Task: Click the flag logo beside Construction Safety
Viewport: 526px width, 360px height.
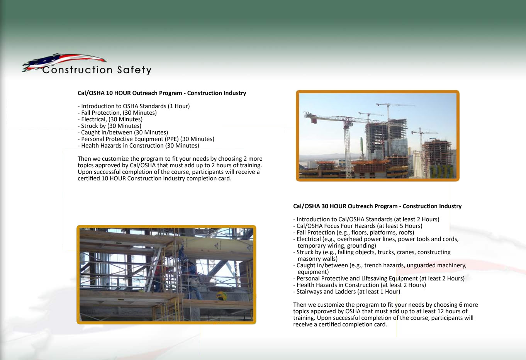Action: coord(63,61)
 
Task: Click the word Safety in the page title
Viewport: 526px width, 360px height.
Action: coord(134,70)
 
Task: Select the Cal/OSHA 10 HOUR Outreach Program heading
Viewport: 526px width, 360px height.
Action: coord(162,93)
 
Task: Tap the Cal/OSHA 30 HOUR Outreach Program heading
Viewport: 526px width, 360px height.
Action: coord(377,206)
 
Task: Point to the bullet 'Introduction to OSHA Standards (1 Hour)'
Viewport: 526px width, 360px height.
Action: coord(134,106)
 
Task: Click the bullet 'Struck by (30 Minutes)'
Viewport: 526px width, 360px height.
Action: coord(109,126)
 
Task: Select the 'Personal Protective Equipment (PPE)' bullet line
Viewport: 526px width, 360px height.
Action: coord(146,139)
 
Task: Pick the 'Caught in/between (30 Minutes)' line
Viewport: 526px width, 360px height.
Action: coord(123,132)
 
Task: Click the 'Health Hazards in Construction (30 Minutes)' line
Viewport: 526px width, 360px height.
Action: coord(138,146)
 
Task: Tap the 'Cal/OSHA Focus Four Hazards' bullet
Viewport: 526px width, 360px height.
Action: coord(358,226)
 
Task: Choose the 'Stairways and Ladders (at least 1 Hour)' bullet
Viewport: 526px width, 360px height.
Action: coord(346,292)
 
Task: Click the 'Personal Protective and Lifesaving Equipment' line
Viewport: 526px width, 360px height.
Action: coord(379,278)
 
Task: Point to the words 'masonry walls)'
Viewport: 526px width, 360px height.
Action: coord(317,259)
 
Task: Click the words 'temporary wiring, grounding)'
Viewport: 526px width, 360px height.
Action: coord(337,246)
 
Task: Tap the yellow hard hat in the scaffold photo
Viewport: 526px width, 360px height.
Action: coord(221,295)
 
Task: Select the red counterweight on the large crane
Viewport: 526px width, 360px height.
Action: coord(314,121)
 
